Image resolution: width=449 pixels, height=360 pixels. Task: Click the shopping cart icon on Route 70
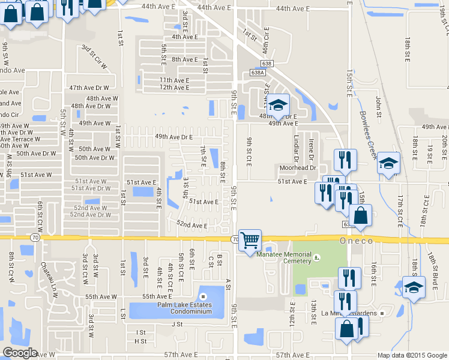tap(250, 240)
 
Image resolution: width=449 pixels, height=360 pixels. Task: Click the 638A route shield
tap(258, 73)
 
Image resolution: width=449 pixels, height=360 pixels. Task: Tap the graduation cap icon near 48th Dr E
tap(277, 105)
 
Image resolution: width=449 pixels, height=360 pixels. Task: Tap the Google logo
tap(20, 353)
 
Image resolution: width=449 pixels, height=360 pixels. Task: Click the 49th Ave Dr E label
tap(173, 137)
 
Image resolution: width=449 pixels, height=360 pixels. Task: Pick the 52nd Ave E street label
tap(191, 226)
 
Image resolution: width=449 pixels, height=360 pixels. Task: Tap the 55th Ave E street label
tap(158, 296)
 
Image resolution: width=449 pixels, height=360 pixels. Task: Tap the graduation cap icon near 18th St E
tap(412, 287)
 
